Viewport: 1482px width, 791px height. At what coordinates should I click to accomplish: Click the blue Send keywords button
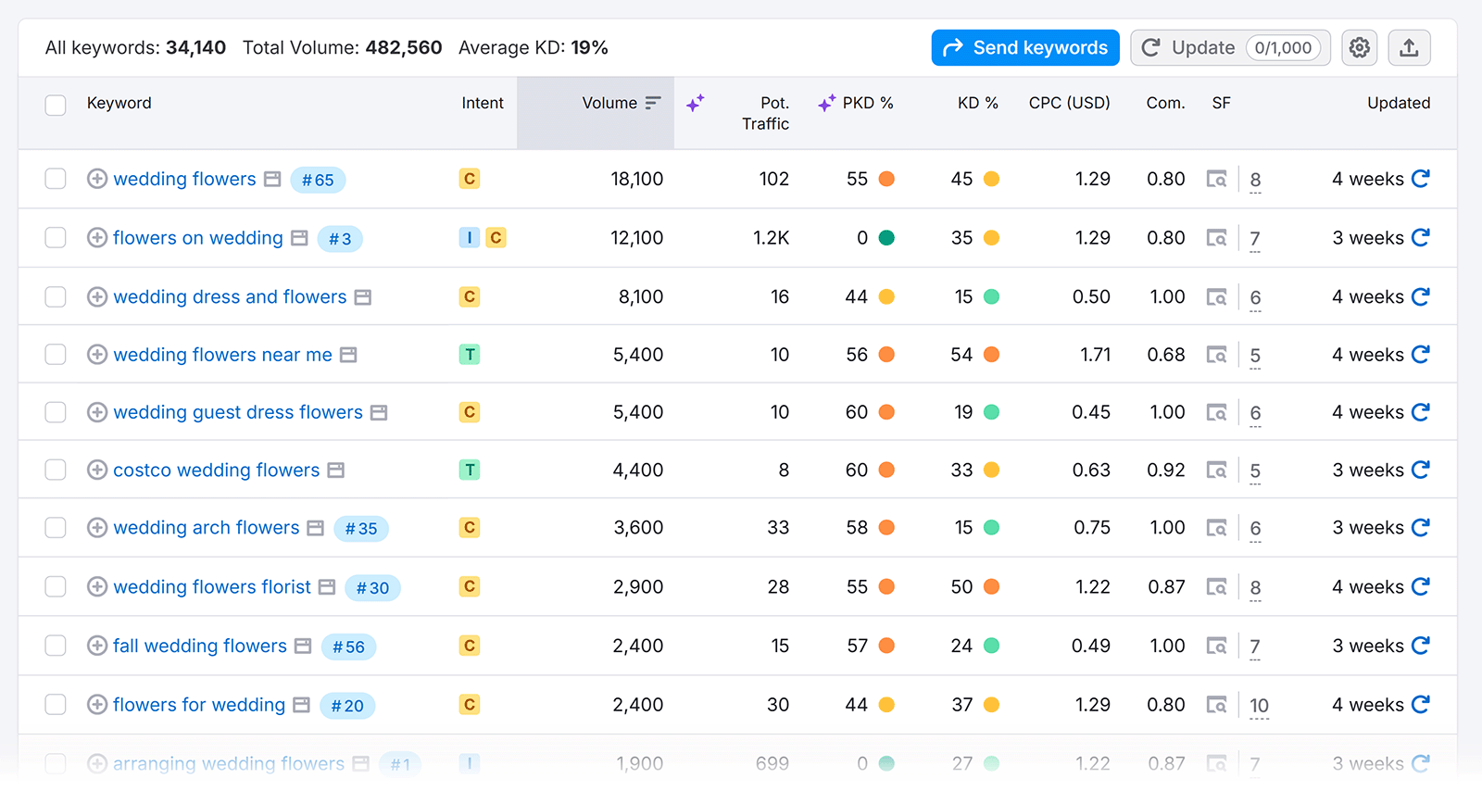1024,47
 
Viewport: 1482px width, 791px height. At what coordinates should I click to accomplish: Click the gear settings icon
1359,47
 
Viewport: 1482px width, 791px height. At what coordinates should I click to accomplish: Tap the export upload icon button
1408,47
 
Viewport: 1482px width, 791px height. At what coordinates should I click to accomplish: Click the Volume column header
609,103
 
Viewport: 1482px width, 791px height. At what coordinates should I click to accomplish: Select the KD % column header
977,103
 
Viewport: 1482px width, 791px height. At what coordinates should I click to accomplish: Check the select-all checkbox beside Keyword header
56,105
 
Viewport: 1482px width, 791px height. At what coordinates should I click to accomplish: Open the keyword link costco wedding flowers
216,470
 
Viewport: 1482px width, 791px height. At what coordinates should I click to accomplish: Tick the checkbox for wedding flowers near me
56,355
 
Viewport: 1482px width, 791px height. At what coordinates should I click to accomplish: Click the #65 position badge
318,180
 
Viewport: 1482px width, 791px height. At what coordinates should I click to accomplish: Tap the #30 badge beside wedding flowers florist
372,587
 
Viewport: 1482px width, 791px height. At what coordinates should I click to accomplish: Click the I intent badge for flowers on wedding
469,238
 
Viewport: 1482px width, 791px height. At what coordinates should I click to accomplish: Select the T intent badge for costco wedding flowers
470,470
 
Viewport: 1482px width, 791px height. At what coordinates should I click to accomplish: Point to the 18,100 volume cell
636,179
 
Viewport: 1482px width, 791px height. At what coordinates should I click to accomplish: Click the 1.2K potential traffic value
771,238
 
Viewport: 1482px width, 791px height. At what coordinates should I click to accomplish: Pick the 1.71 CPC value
1095,355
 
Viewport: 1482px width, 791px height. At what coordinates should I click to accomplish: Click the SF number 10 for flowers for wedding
1259,706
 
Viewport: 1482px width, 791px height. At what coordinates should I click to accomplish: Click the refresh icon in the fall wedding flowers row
1420,645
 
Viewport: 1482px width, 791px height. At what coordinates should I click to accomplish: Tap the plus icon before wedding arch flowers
96,527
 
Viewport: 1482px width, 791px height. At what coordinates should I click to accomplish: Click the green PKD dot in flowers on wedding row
886,238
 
